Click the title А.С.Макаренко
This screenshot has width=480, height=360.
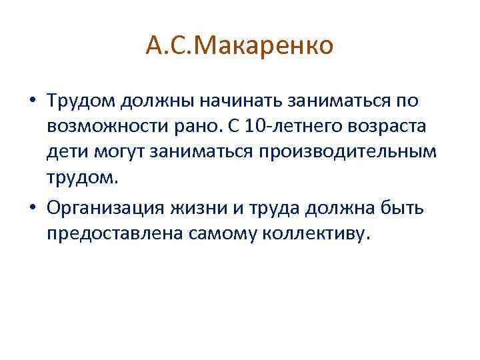(x=240, y=47)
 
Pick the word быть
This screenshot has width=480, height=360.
(x=402, y=208)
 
